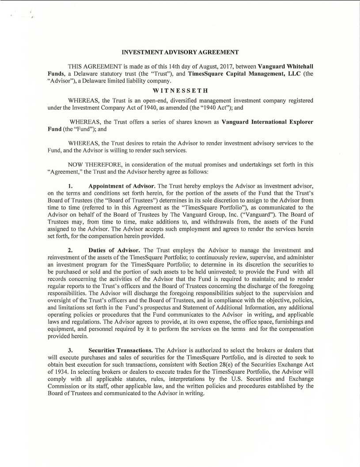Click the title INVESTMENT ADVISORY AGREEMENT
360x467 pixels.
180,52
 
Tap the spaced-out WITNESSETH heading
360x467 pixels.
180,91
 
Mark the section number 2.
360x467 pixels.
70,250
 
